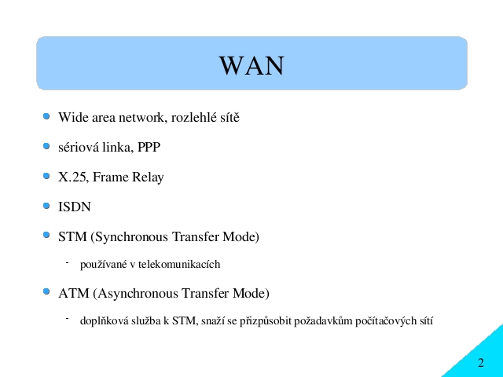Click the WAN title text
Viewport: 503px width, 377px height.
pos(251,66)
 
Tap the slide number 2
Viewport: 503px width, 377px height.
pos(480,363)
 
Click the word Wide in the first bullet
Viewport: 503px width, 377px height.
pos(74,117)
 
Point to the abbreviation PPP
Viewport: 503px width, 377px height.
pos(149,147)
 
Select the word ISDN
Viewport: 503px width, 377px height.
pos(75,207)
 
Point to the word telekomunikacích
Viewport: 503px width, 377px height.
pos(179,264)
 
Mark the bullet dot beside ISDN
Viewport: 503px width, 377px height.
pos(46,206)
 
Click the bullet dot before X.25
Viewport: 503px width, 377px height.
pos(46,176)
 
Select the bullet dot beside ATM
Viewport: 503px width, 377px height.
pos(46,291)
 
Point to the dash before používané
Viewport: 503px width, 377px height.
pos(68,263)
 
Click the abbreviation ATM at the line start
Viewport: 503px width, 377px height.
pos(74,293)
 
